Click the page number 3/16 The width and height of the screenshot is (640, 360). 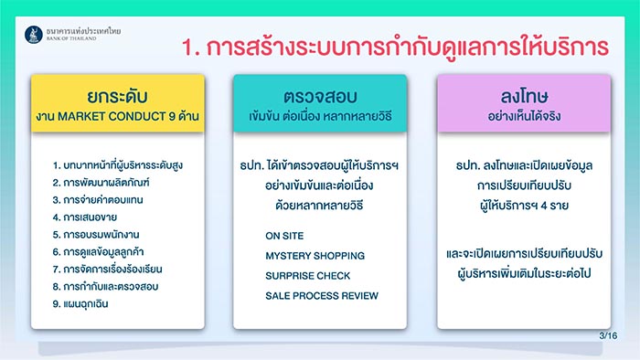608,337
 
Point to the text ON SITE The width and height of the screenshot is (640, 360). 285,235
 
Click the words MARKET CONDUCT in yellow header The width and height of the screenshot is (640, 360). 112,117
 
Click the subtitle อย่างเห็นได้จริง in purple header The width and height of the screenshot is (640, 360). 523,117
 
